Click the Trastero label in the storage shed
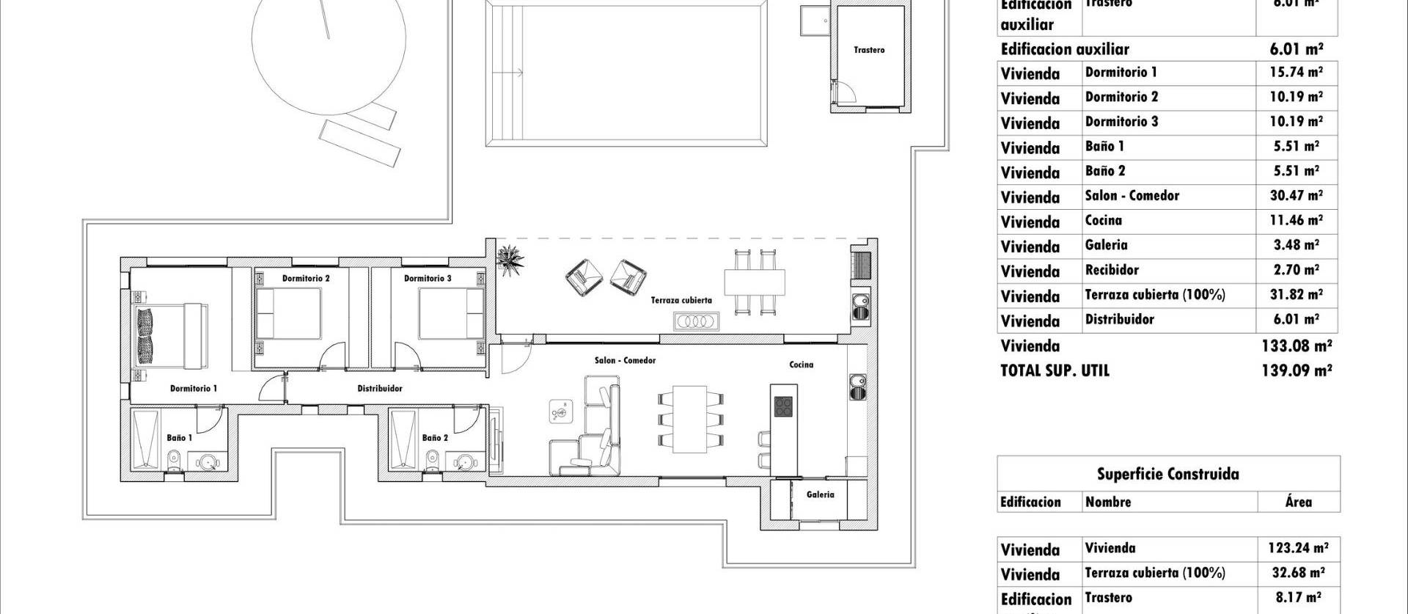point(869,50)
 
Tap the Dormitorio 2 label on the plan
point(306,279)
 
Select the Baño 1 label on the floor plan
point(179,438)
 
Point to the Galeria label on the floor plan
point(820,494)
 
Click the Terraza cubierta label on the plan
point(681,300)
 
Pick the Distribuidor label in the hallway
point(379,388)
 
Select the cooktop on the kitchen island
point(783,406)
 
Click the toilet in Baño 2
point(433,461)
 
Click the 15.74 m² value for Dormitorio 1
point(1296,73)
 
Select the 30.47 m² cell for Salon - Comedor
point(1296,196)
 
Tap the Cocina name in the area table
point(1103,221)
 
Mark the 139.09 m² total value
point(1296,370)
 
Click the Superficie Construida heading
point(1167,474)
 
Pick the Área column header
point(1297,502)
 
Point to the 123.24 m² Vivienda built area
point(1297,548)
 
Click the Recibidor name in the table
point(1112,270)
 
